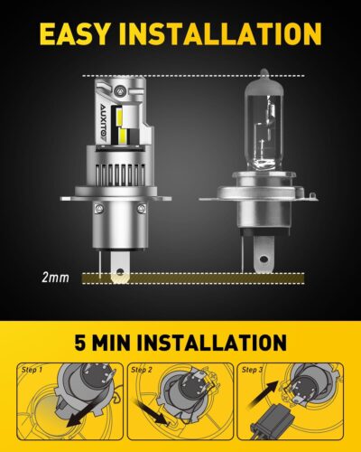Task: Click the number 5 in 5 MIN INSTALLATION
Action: pos(89,344)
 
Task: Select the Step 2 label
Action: pos(143,370)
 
